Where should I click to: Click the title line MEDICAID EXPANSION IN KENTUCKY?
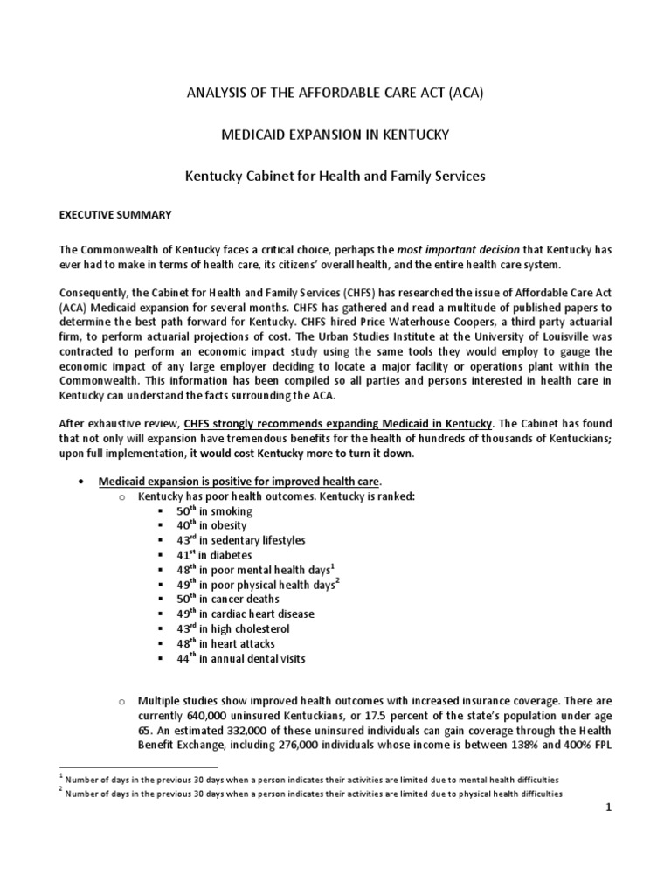click(335, 135)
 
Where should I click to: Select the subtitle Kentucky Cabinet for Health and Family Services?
click(335, 177)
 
